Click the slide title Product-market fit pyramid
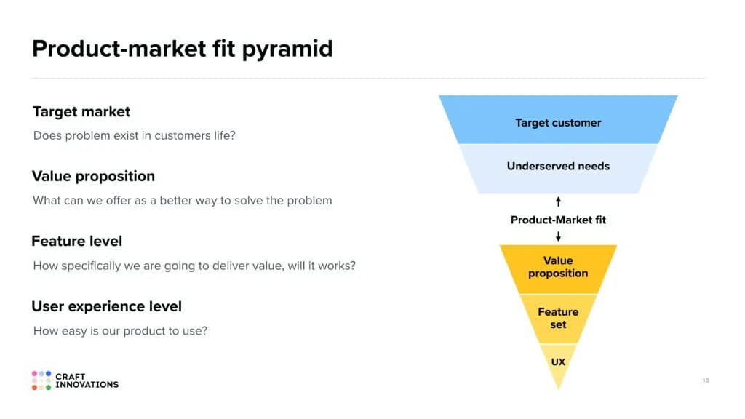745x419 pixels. (x=183, y=49)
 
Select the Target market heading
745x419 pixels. (x=81, y=111)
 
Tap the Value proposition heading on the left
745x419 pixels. (x=93, y=177)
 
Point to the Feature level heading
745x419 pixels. (x=77, y=242)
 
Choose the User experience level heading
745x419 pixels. (x=106, y=306)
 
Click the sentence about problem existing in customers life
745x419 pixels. (x=135, y=136)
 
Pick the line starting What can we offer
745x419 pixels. (x=183, y=201)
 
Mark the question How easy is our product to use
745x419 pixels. (x=120, y=331)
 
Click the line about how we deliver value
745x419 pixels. (x=194, y=266)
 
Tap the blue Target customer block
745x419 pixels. (x=558, y=120)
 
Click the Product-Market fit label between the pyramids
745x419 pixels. (x=558, y=220)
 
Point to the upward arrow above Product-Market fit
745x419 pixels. (x=558, y=202)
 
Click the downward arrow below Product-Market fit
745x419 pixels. (x=558, y=236)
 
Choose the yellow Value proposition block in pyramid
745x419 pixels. (x=558, y=269)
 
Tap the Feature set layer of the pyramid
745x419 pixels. (x=558, y=319)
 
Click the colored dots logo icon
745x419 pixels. (x=41, y=380)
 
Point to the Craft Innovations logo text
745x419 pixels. (x=87, y=380)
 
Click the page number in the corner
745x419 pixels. (x=706, y=380)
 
